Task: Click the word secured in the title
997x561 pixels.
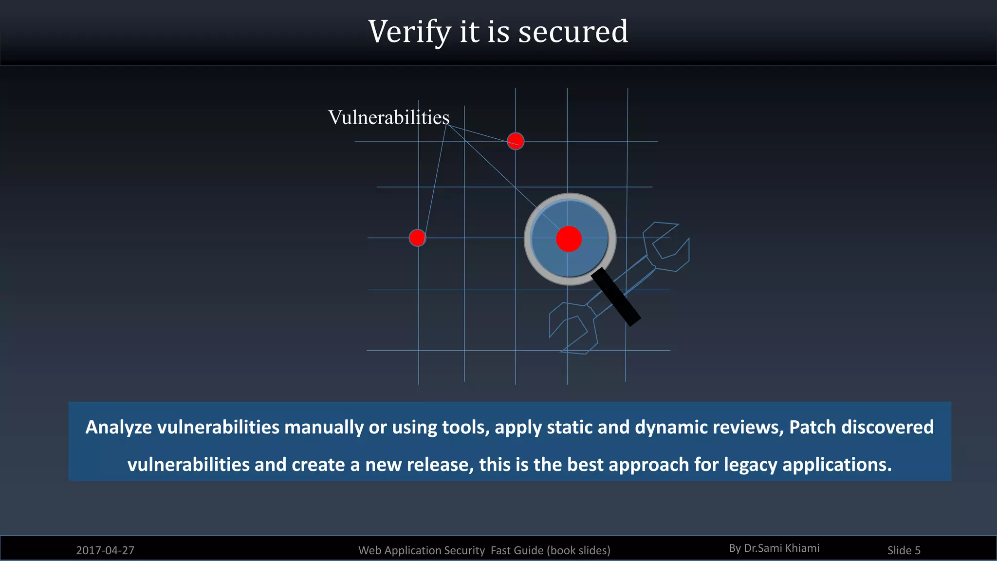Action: (573, 32)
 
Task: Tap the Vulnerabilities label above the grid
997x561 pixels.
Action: (388, 117)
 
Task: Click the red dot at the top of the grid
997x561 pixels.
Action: (516, 141)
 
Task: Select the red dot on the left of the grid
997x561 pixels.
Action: (417, 238)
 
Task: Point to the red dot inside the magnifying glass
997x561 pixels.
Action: (569, 239)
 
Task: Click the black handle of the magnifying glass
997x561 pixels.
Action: (616, 297)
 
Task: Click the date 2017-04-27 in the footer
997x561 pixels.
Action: (105, 550)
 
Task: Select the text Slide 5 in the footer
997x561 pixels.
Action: (904, 550)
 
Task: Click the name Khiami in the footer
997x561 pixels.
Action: (802, 548)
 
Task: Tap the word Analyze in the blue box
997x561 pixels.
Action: (118, 428)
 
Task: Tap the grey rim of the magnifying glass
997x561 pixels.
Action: (528, 239)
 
